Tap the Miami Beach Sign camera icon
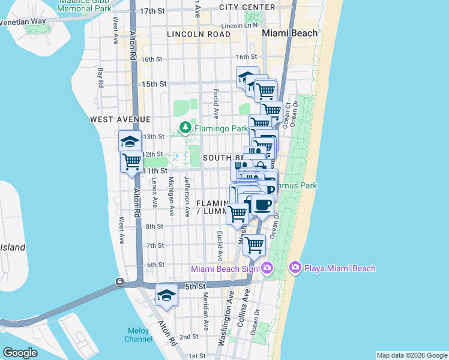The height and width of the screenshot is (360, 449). pos(267,268)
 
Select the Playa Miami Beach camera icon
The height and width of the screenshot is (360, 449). pos(295,268)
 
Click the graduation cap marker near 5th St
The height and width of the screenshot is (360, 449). pos(166,295)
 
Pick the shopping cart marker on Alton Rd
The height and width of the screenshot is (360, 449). pos(131,161)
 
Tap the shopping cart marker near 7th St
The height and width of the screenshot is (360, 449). pos(255,244)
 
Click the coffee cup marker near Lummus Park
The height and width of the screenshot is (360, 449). pos(262,204)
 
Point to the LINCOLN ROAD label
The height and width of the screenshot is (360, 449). pos(199,35)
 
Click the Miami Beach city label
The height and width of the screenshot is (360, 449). pos(290,34)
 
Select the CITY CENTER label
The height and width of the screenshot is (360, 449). pos(247,7)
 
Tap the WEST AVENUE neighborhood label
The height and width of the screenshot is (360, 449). pos(120,120)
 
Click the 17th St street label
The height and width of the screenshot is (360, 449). pos(152,11)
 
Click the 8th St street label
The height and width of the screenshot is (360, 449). pos(154,226)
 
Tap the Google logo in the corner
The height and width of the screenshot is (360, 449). pos(20,352)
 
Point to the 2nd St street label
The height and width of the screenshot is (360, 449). pos(189,337)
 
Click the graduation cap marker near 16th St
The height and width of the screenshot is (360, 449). pos(247,76)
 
